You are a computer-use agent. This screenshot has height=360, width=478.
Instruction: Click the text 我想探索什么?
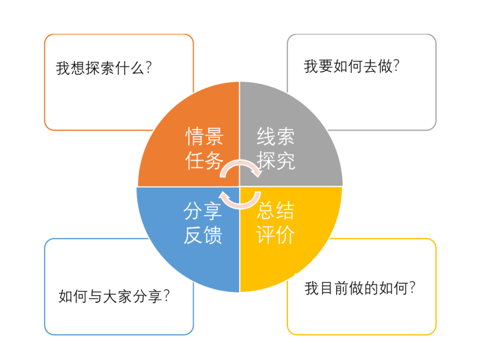pos(104,67)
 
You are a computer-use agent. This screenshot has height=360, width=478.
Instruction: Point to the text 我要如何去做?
pos(352,66)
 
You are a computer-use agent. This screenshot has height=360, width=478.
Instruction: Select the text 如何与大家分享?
pos(114,296)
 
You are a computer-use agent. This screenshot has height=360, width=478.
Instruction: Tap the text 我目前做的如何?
pos(360,288)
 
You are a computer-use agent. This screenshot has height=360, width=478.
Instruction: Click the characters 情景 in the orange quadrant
pos(204,136)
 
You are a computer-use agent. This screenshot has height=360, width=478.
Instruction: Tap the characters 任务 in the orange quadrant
pos(204,160)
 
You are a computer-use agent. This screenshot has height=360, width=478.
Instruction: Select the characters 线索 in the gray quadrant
pos(276,136)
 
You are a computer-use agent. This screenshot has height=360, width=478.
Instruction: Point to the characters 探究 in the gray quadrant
pos(276,160)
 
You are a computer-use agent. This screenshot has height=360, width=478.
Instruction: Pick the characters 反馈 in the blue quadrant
pos(203,235)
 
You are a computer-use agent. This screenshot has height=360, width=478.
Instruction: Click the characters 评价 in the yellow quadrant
pos(275,235)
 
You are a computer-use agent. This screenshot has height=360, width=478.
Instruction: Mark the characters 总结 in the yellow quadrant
pos(275,211)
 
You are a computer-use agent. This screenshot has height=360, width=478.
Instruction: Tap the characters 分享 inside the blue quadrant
pos(203,211)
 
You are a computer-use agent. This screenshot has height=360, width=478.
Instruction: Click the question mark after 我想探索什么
pos(149,67)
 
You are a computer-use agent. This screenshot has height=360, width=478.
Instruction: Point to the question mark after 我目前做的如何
pos(412,287)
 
